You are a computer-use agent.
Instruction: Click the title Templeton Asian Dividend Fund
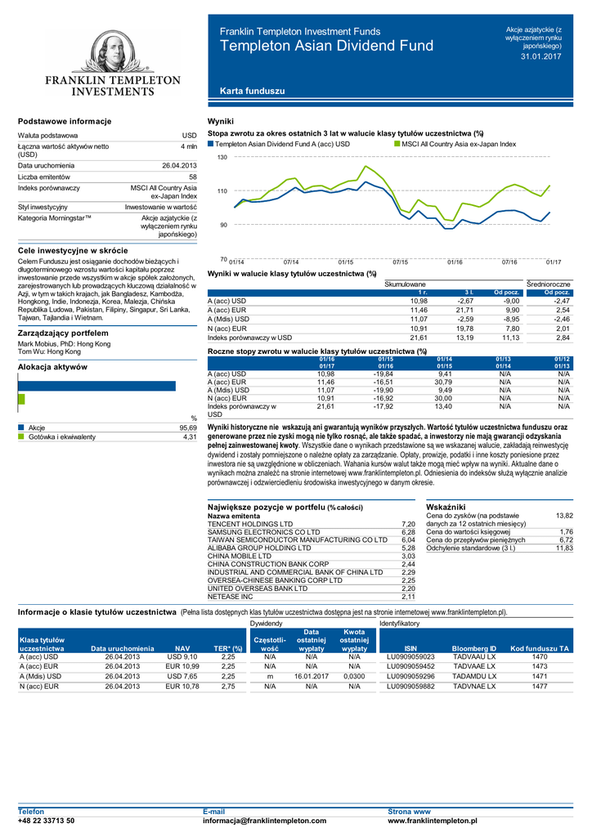click(x=327, y=46)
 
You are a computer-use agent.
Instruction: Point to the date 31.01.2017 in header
click(x=541, y=56)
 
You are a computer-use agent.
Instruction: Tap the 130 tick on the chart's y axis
click(x=222, y=157)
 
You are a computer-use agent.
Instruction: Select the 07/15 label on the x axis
click(x=400, y=262)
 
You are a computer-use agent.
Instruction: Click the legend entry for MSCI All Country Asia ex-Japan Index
click(x=459, y=144)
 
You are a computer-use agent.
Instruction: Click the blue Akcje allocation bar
click(x=96, y=386)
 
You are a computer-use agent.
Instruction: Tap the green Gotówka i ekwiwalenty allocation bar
click(x=21, y=399)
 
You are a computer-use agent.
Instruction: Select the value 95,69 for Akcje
click(x=188, y=427)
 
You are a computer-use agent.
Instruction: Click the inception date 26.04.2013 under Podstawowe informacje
click(x=179, y=166)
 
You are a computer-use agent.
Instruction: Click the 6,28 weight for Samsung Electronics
click(x=409, y=531)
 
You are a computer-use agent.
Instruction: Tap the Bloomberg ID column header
click(x=474, y=648)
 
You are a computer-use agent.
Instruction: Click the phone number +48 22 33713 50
click(x=47, y=820)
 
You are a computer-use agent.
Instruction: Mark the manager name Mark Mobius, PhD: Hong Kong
click(x=64, y=344)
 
